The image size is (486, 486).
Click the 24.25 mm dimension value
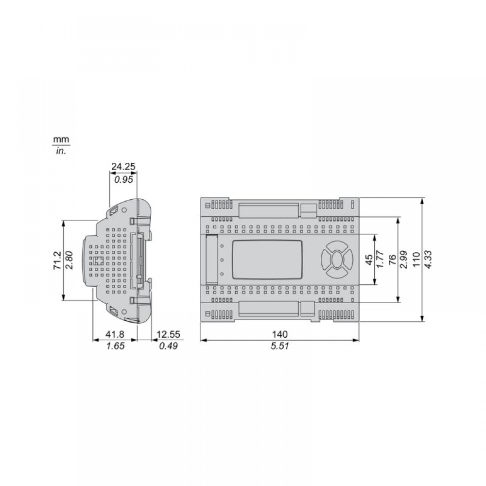click(123, 167)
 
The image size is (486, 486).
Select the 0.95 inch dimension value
click(123, 179)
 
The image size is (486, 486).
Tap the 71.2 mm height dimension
click(58, 260)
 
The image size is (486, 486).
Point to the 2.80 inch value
click(69, 260)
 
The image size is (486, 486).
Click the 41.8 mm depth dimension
click(115, 334)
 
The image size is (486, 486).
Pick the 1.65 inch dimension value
click(115, 346)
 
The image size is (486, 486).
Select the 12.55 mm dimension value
click(168, 334)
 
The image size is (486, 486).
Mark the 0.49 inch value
click(168, 346)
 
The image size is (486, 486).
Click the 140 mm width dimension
click(280, 334)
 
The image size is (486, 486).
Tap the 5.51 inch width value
click(280, 346)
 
